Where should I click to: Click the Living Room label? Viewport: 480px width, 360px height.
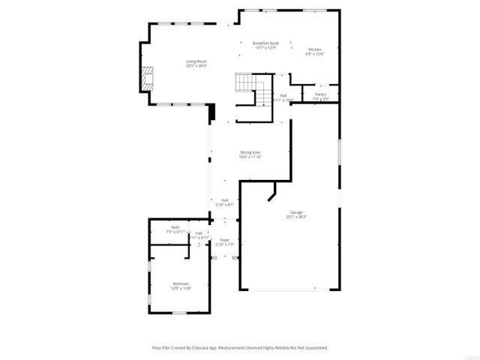click(196, 61)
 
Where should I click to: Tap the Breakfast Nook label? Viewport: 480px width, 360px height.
click(265, 43)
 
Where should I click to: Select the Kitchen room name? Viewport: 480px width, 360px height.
click(313, 49)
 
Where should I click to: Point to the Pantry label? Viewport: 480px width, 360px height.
click(320, 94)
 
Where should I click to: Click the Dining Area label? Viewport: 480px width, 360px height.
click(250, 152)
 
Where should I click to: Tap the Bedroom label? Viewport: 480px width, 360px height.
click(181, 283)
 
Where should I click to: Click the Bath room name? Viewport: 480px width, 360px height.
click(175, 227)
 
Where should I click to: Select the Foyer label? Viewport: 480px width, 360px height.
click(224, 239)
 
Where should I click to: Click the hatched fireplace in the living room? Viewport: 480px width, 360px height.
click(148, 77)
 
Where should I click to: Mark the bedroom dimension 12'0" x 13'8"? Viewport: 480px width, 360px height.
click(181, 288)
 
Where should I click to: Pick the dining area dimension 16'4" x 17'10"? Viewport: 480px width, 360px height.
click(250, 157)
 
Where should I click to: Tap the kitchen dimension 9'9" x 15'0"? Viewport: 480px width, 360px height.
click(313, 54)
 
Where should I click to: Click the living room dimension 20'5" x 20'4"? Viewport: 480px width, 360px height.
click(196, 66)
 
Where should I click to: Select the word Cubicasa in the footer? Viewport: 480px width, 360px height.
click(204, 348)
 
